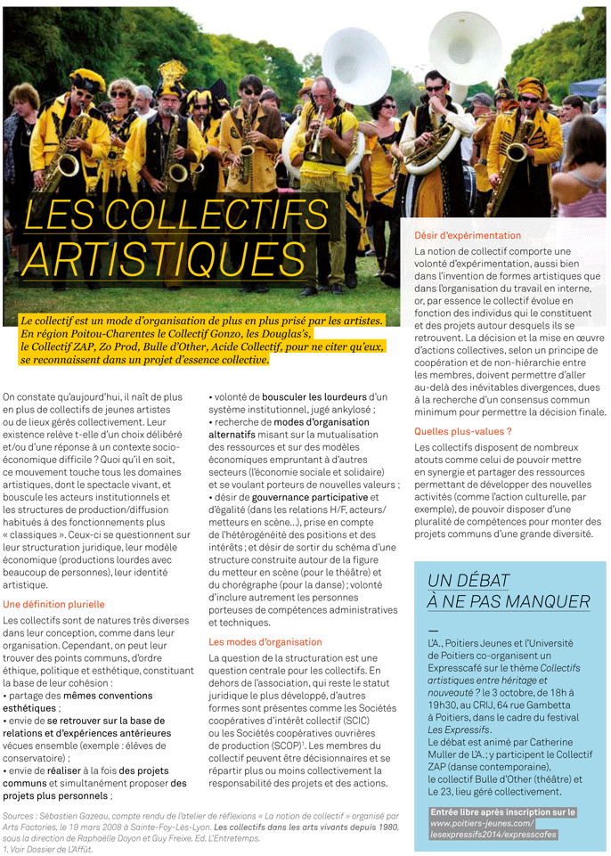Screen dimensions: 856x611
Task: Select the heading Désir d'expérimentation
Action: click(x=468, y=236)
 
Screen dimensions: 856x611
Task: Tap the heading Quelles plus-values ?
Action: click(x=462, y=431)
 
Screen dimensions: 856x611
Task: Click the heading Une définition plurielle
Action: click(x=53, y=604)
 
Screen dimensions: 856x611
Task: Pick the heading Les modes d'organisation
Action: click(x=265, y=641)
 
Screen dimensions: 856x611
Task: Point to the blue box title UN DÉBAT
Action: click(x=469, y=581)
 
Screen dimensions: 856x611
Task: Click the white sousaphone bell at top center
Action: click(x=355, y=65)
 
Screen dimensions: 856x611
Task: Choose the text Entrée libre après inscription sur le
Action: click(x=502, y=812)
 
